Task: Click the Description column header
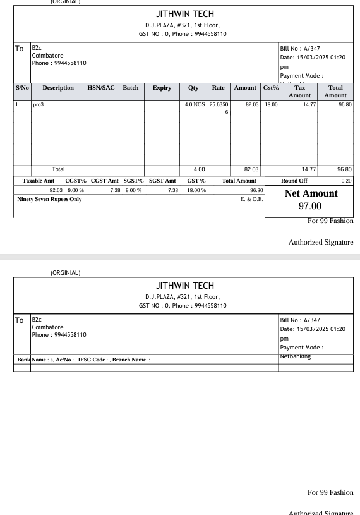pos(57,88)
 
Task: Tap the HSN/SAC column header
pos(100,88)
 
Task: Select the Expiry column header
pos(162,88)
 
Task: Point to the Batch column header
pos(131,88)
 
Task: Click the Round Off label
pos(294,181)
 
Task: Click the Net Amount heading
pos(311,193)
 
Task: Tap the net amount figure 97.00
pos(309,206)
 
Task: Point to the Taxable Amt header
pos(39,181)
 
